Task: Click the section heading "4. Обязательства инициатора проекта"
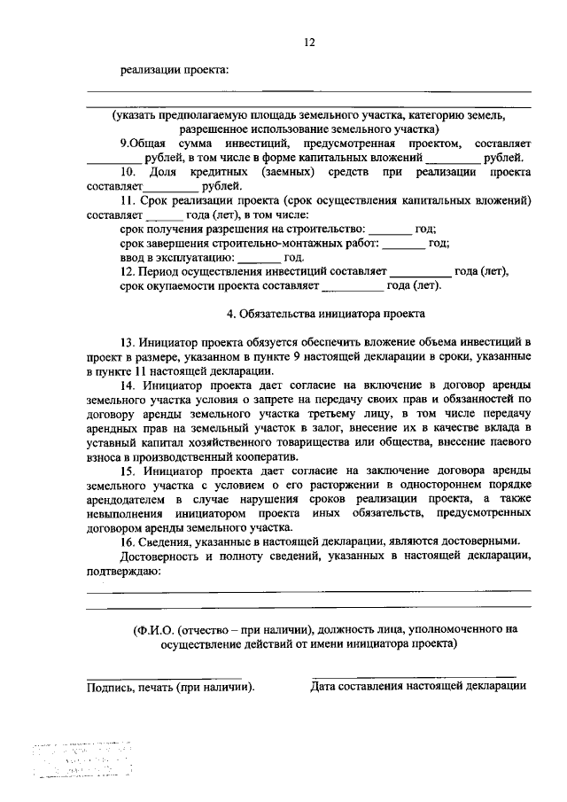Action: (x=325, y=313)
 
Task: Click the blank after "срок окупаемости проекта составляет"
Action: (x=353, y=285)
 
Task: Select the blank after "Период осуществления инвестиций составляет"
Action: (x=420, y=271)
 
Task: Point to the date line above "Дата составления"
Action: (x=414, y=676)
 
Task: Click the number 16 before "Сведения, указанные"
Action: (x=128, y=541)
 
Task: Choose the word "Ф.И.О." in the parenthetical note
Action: (x=151, y=629)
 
